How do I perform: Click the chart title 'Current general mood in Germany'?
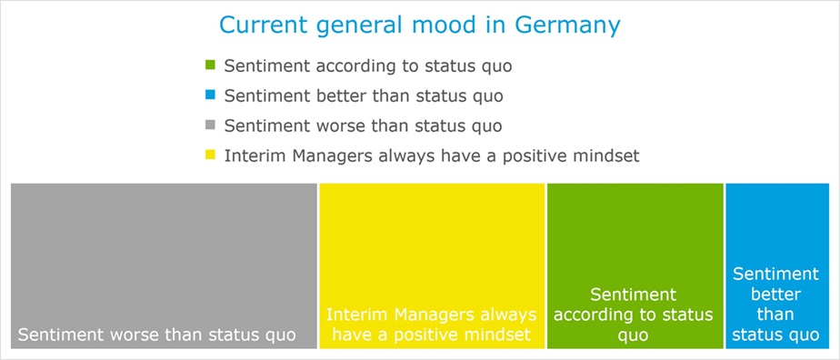click(x=419, y=25)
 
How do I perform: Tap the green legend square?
click(x=211, y=65)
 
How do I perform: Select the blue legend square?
click(x=211, y=95)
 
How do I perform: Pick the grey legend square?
click(x=211, y=125)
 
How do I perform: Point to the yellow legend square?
click(x=211, y=155)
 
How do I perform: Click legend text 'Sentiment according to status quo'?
click(x=368, y=66)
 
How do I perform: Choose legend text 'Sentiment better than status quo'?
click(x=364, y=96)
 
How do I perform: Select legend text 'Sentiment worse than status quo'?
click(x=364, y=126)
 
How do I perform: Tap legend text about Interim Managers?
click(x=432, y=155)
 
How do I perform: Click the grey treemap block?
click(x=164, y=265)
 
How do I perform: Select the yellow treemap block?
click(x=432, y=265)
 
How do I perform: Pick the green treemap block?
click(x=635, y=265)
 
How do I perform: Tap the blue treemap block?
click(x=776, y=265)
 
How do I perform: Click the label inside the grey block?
click(x=157, y=335)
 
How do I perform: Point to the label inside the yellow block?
click(x=432, y=325)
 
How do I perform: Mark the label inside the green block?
click(x=634, y=315)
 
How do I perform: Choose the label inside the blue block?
click(x=775, y=305)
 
